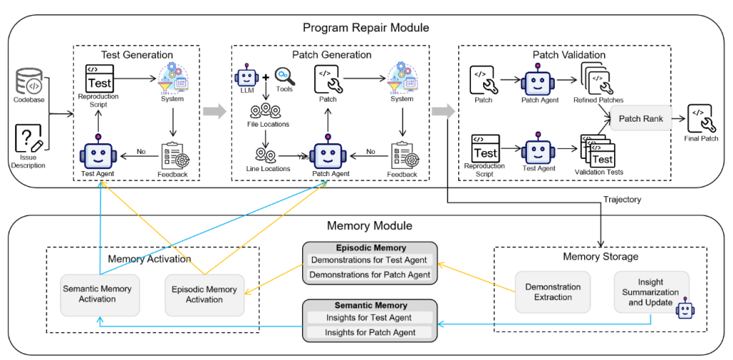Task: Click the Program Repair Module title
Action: (x=366, y=28)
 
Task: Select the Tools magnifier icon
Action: (x=284, y=76)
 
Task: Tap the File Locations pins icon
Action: (x=266, y=111)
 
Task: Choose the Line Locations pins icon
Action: (x=266, y=155)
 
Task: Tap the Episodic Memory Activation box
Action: (x=204, y=293)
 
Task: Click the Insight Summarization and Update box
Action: (x=651, y=291)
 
